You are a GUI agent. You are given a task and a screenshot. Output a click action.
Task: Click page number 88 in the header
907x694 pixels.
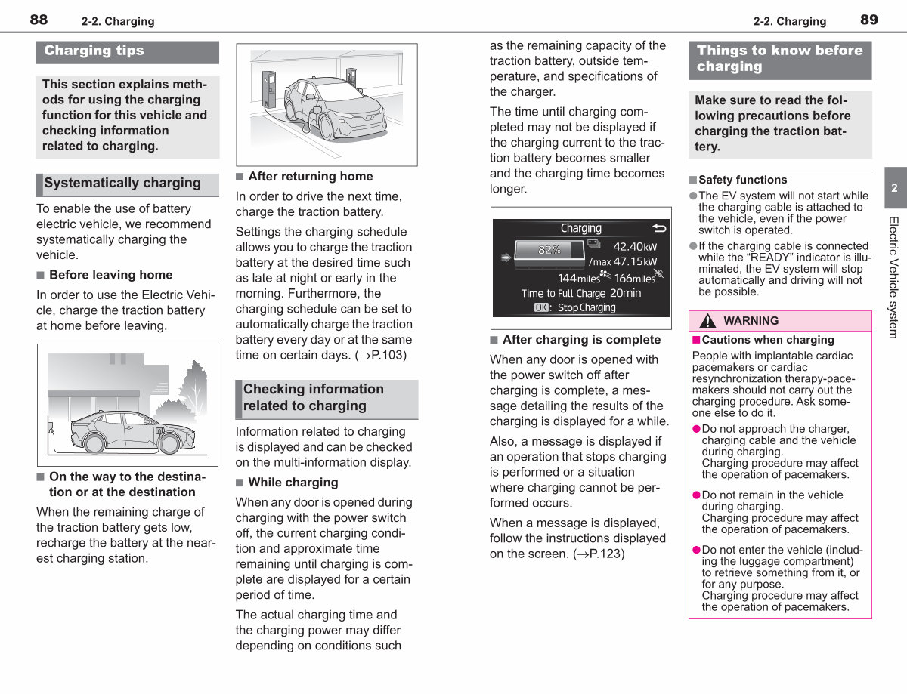[39, 20]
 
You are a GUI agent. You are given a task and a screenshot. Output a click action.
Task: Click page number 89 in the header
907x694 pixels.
[869, 20]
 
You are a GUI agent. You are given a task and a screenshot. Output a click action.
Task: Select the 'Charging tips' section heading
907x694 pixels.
[94, 51]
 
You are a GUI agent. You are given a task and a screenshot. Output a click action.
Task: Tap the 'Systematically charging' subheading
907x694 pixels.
[122, 183]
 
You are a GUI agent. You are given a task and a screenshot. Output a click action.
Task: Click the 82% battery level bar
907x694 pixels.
[549, 250]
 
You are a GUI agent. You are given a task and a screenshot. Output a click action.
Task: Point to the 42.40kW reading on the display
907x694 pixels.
[635, 247]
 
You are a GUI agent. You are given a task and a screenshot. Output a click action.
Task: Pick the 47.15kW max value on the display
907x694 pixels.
[635, 261]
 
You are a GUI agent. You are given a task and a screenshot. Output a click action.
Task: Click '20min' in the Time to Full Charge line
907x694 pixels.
[625, 293]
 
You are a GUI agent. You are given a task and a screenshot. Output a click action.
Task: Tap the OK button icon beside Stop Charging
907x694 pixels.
[541, 307]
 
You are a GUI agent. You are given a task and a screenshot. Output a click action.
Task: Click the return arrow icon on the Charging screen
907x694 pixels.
[659, 228]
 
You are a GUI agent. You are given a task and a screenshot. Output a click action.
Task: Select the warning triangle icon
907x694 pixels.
[707, 321]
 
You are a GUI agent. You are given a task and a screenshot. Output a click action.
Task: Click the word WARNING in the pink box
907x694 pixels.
[751, 320]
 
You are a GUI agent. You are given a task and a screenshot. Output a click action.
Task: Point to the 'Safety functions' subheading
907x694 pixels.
[742, 180]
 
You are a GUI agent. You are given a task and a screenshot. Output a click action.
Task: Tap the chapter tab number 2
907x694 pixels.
[894, 188]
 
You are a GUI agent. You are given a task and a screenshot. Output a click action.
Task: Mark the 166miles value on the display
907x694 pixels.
[634, 279]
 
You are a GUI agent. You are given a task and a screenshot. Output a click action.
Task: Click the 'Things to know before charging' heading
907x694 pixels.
[779, 58]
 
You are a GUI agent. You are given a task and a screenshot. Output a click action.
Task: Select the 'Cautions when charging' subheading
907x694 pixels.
[768, 340]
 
